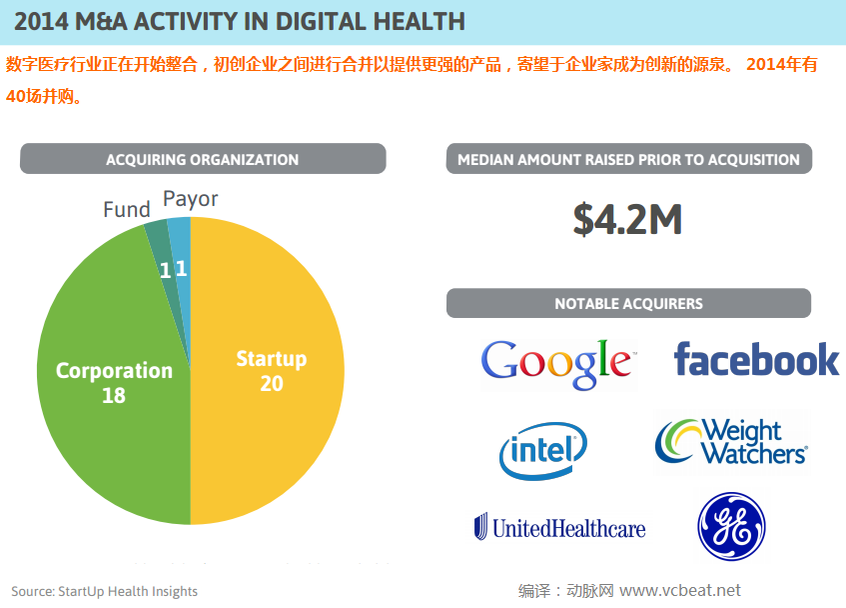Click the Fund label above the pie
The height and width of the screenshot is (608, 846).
click(x=127, y=210)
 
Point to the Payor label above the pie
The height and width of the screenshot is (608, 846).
click(x=190, y=199)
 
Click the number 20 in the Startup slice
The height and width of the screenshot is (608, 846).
click(x=271, y=384)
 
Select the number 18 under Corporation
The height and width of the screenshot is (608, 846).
click(x=114, y=396)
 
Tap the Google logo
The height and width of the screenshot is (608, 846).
click(x=557, y=362)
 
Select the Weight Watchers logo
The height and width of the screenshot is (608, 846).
click(x=731, y=441)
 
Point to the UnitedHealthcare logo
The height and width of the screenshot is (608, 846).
click(x=559, y=527)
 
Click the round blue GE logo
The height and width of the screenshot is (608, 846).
click(x=731, y=527)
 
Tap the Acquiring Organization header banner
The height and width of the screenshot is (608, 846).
click(x=203, y=159)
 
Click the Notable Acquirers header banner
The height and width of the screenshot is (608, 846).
click(x=628, y=303)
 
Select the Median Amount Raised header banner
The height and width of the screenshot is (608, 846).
click(x=628, y=159)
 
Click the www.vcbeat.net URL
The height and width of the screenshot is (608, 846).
click(x=680, y=590)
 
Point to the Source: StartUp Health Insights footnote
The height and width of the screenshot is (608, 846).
click(x=105, y=591)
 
